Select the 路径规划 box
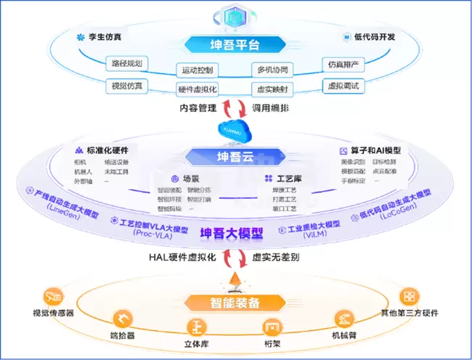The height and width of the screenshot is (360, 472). coord(128,63)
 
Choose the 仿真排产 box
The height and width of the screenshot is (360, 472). coord(343,64)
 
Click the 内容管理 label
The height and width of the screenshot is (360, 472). coord(198,108)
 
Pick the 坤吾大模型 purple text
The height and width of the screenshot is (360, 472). coord(235,234)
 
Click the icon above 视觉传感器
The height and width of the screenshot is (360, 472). coord(54,298)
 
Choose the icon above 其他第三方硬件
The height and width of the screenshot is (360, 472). coord(410,297)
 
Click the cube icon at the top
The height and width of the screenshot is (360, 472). coord(235,15)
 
